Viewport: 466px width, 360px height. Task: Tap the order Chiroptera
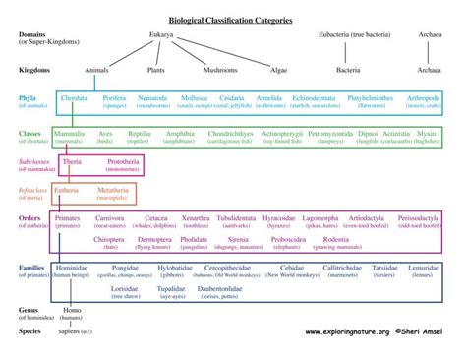click(x=109, y=238)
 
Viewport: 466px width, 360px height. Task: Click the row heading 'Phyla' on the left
click(x=29, y=98)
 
